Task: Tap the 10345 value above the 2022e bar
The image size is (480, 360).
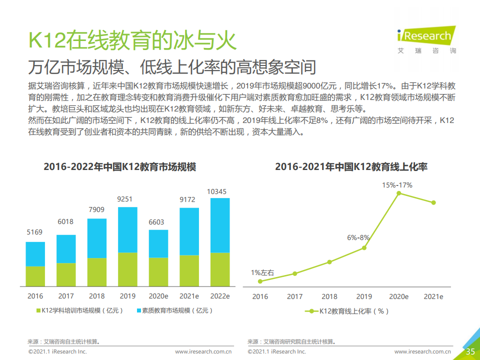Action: (220, 191)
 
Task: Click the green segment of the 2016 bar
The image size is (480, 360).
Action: (35, 276)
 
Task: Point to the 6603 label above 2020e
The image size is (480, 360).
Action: (158, 222)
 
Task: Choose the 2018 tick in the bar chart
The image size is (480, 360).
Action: (96, 296)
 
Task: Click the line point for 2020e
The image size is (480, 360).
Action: (398, 192)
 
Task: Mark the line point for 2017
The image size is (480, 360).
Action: (294, 273)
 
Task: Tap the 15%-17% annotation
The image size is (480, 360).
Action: (397, 185)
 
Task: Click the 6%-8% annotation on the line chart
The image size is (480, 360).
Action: (358, 238)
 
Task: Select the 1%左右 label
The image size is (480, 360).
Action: (262, 272)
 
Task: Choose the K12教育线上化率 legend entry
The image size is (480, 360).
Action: (347, 311)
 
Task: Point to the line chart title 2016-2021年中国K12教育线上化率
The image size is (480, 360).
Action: (351, 166)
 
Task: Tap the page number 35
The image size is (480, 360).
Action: (470, 351)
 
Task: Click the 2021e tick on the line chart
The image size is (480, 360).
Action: (433, 296)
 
